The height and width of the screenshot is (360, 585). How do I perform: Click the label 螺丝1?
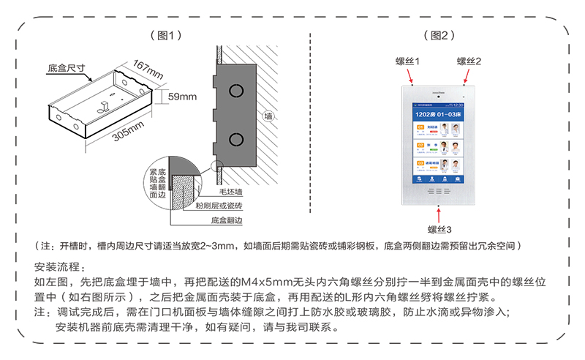click(408, 61)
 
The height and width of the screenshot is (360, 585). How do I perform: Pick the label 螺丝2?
click(469, 61)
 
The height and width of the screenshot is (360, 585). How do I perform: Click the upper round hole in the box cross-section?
click(235, 91)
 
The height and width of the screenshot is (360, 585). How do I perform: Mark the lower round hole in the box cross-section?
click(235, 139)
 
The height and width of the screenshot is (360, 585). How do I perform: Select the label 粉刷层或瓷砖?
click(218, 206)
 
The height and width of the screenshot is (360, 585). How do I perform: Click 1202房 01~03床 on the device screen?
click(439, 115)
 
